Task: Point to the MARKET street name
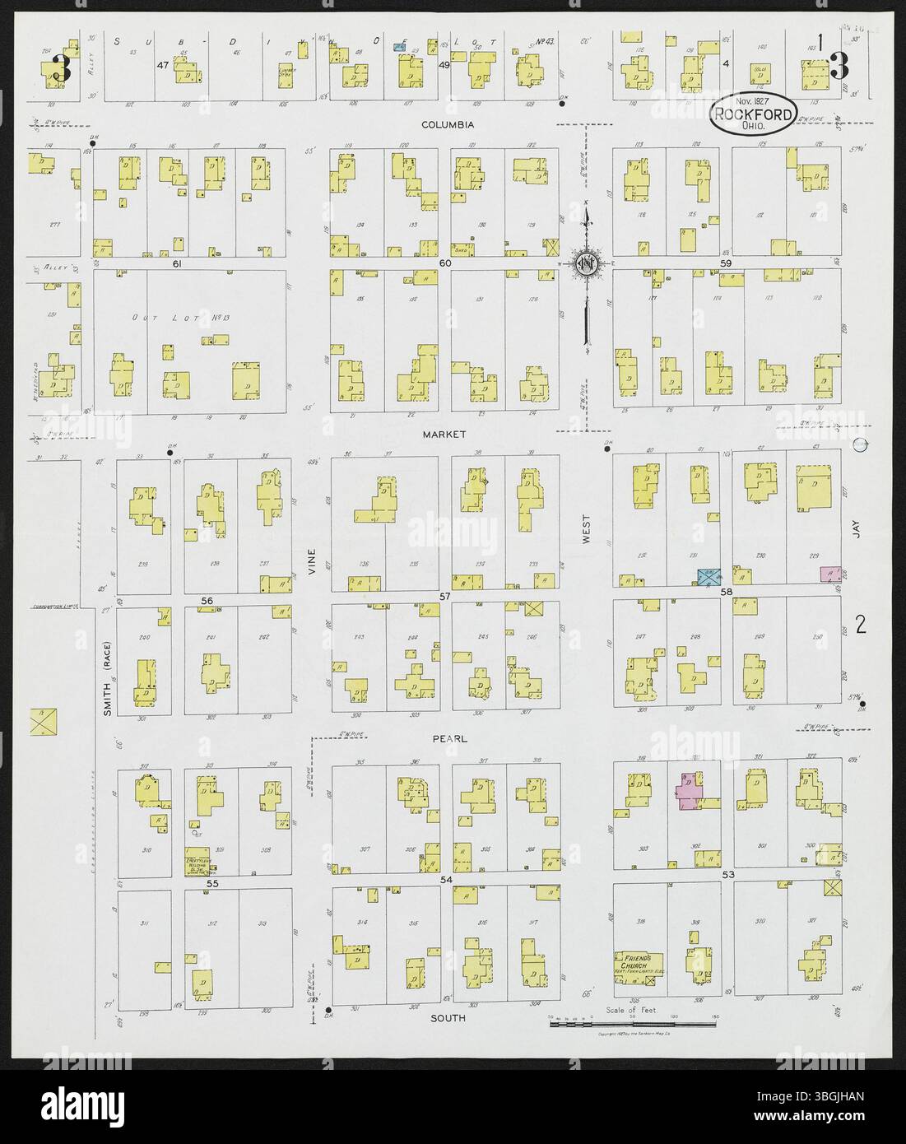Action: coord(445,434)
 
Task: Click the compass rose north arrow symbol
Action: coord(587,263)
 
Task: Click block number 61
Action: coord(175,264)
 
